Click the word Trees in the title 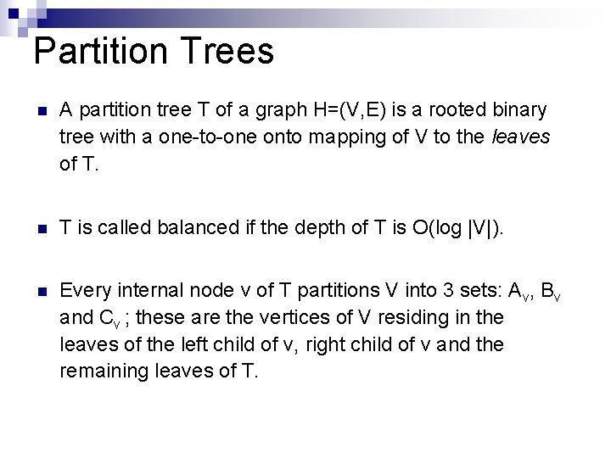coord(227,51)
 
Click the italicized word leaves coord(521,137)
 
